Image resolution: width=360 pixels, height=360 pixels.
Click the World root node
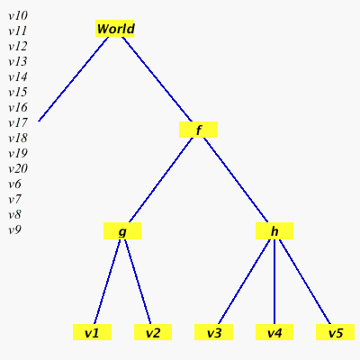115,29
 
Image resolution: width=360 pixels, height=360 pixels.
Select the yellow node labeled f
198,130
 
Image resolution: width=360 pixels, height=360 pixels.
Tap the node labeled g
122,230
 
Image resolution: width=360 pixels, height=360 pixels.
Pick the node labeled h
274,230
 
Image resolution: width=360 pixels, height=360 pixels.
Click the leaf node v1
92,332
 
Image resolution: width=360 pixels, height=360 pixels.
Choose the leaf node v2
153,332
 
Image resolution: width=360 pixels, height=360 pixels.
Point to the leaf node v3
213,332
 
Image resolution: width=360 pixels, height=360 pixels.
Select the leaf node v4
274,332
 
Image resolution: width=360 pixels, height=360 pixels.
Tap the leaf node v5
335,332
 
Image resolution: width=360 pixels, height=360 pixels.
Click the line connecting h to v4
274,282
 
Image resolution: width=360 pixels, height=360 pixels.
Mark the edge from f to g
161,180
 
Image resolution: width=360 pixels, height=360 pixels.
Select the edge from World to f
157,79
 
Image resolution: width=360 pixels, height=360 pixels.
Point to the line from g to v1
107,282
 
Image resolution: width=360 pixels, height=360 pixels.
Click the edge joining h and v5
305,282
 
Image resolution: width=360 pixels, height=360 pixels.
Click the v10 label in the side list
18,15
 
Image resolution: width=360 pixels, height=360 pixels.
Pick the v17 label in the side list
18,122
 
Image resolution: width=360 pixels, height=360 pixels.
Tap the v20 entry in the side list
18,169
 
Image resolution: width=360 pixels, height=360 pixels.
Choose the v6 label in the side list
15,184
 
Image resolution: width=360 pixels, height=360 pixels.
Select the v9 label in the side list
15,230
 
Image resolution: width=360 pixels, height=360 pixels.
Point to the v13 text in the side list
18,61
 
